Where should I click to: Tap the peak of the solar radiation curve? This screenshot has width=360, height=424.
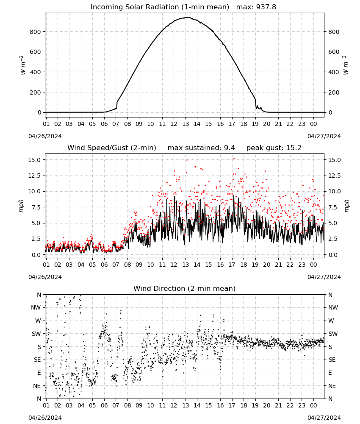tap(187, 17)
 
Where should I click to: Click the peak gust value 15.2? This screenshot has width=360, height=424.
tap(293, 148)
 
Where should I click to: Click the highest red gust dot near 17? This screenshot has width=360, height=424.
tap(234, 159)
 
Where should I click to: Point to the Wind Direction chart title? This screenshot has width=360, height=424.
tap(185, 288)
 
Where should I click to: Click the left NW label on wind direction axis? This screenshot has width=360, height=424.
tap(36, 307)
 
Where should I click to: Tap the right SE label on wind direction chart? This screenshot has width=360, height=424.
tap(332, 360)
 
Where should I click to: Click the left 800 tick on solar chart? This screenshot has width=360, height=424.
tap(35, 32)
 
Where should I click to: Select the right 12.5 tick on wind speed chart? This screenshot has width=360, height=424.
tap(334, 176)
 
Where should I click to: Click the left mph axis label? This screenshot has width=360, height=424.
tap(21, 206)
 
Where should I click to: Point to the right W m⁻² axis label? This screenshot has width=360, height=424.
tap(346, 65)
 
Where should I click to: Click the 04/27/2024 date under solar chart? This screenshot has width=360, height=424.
tap(324, 136)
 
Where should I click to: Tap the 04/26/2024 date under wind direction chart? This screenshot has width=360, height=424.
tap(45, 418)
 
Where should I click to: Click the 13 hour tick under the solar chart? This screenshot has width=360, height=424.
tap(186, 124)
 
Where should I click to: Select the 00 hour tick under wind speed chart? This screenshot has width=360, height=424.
tap(313, 265)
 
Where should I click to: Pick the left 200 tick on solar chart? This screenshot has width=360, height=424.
tap(35, 92)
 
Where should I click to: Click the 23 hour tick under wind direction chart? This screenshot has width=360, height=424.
tap(302, 405)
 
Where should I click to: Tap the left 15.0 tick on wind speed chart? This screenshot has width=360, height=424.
tap(34, 160)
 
